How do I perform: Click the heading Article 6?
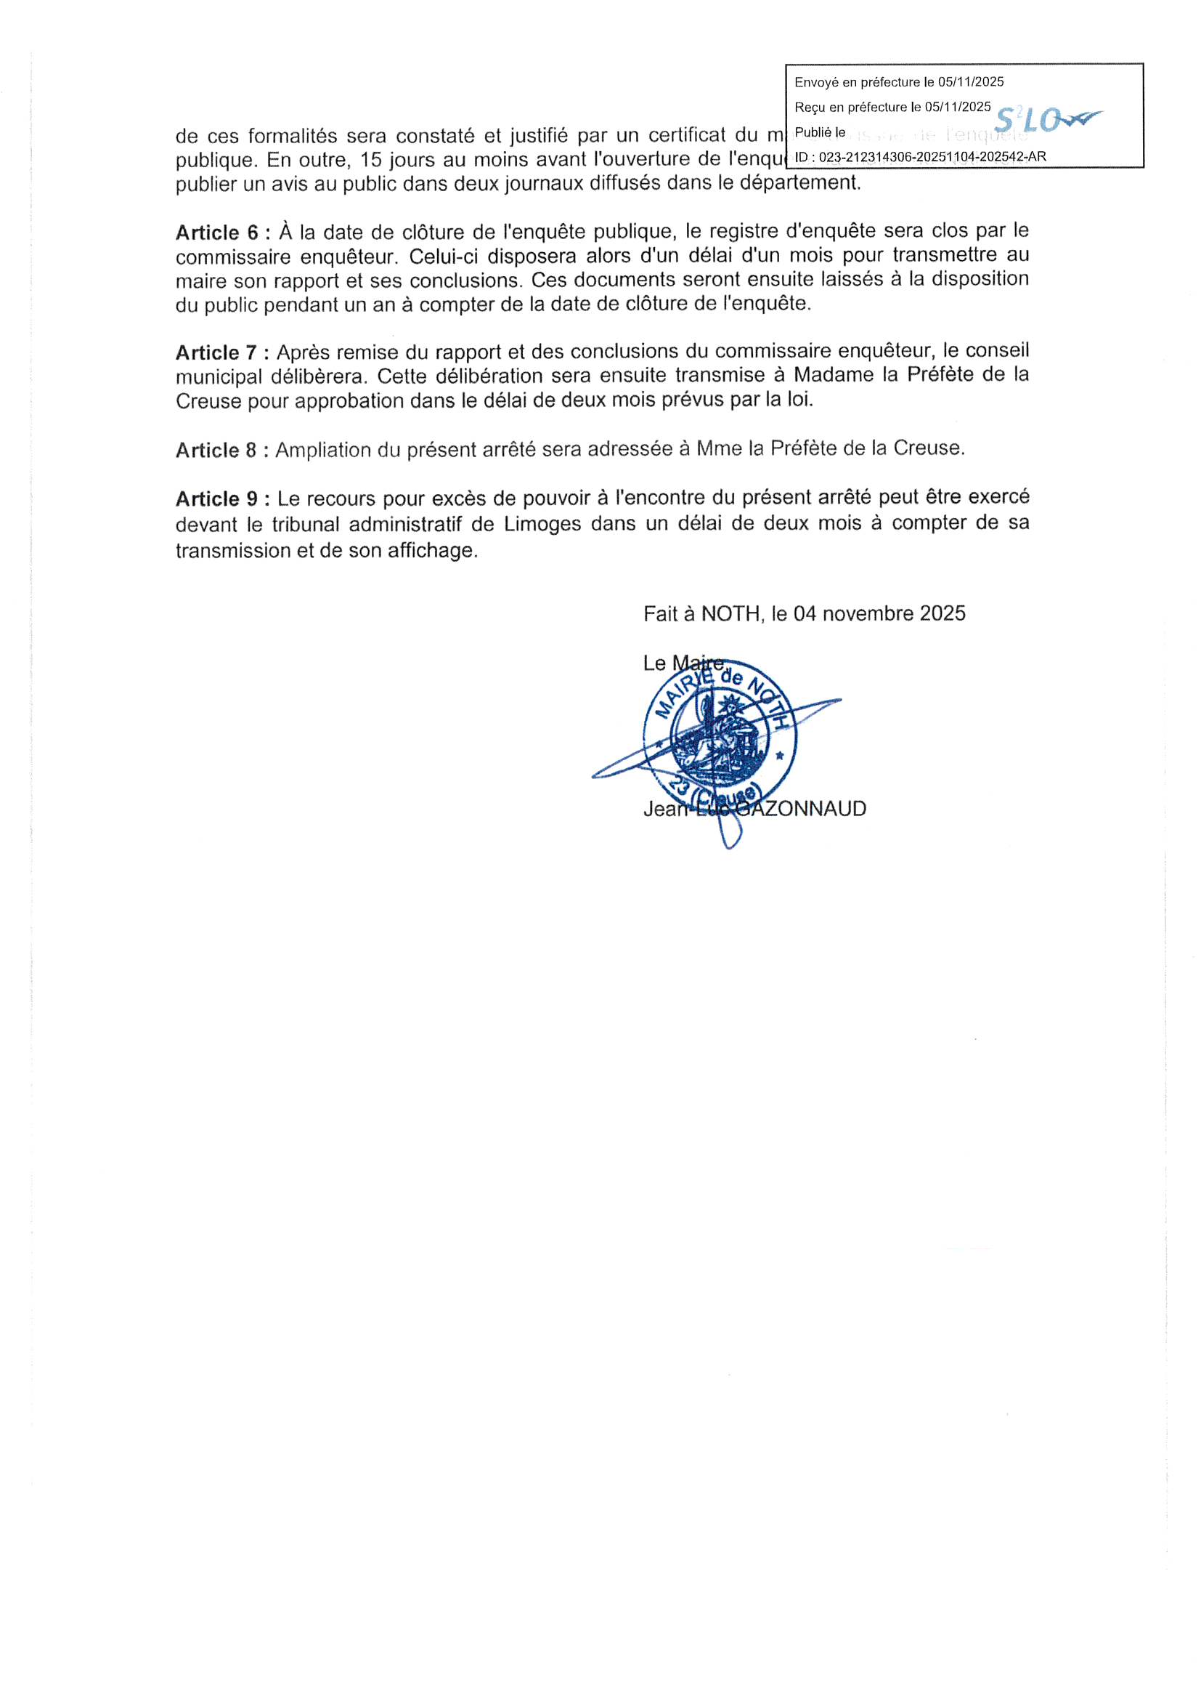coord(216,233)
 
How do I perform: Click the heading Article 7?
coord(216,352)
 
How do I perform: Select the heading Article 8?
coord(216,450)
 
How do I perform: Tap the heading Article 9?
coord(216,499)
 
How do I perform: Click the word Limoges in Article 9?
coord(542,524)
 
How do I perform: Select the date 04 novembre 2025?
coord(879,613)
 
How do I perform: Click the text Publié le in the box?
coord(819,132)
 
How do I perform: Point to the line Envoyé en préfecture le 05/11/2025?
coord(898,82)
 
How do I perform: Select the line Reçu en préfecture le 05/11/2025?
coord(892,108)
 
